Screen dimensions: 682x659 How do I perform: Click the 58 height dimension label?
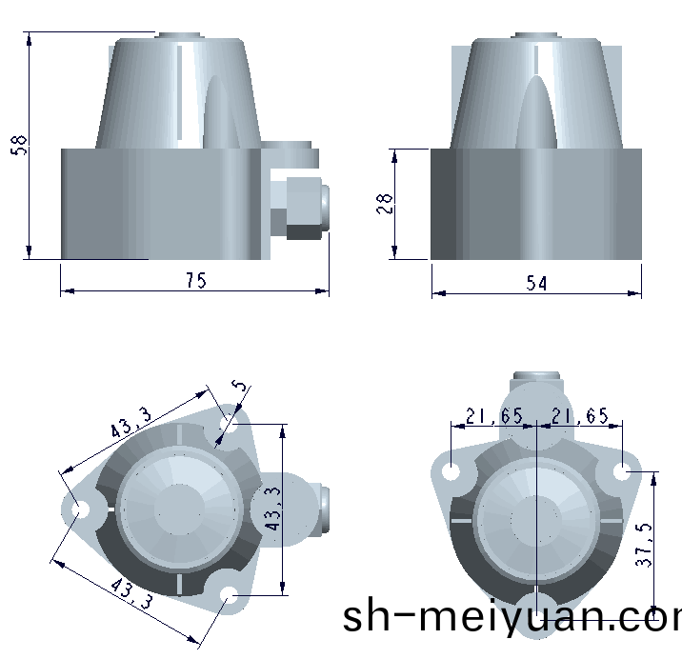pos(19,145)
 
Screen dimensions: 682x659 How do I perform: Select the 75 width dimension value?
pos(196,280)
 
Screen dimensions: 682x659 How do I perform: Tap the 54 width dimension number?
pos(536,283)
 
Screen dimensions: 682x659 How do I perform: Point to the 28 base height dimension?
pos(385,204)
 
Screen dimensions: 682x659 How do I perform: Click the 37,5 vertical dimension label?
pos(644,545)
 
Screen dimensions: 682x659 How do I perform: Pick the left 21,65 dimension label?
pos(494,416)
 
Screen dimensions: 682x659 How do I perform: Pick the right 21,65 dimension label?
pos(580,416)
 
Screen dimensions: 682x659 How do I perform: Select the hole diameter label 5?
pos(239,386)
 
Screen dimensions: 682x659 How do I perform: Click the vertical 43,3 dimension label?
pos(273,509)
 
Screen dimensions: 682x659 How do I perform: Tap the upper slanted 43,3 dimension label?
pos(130,423)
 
